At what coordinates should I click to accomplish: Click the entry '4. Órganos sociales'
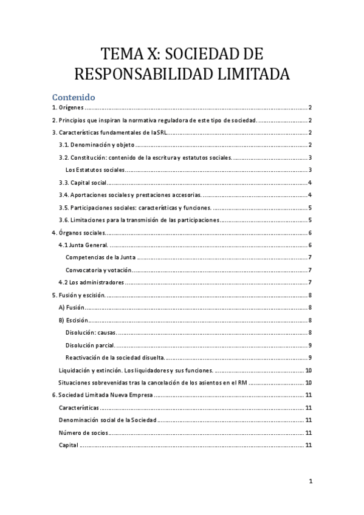pyautogui.click(x=78, y=233)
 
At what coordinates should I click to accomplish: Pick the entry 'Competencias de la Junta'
pyautogui.click(x=100, y=258)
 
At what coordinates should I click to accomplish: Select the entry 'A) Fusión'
pyautogui.click(x=71, y=308)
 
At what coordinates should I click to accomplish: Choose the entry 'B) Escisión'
pyautogui.click(x=73, y=320)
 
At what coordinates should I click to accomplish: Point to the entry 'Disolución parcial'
pyautogui.click(x=91, y=345)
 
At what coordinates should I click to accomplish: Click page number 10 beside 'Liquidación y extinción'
pyautogui.click(x=309, y=370)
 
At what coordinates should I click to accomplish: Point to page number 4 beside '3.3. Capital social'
pyautogui.click(x=310, y=183)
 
